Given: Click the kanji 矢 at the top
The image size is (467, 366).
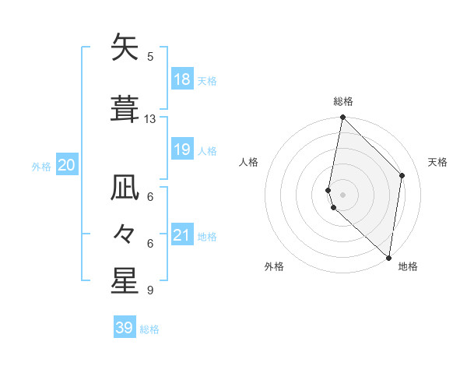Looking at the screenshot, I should (125, 48).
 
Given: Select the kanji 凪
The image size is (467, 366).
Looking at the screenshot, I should (125, 189).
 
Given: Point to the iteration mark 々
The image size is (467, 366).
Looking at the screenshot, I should (125, 234).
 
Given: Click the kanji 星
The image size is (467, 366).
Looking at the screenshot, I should (125, 281).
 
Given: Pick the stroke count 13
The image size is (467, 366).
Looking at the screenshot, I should (150, 119).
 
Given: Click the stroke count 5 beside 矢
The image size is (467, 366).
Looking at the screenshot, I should (150, 56).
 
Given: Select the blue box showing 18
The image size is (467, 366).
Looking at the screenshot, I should (182, 79).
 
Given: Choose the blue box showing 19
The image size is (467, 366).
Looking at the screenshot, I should (182, 150).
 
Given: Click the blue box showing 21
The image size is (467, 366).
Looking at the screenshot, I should (182, 235).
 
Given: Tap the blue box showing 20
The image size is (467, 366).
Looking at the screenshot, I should (67, 165).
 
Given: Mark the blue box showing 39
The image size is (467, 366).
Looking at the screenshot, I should (124, 328).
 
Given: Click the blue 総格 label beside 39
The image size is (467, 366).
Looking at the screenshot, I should (149, 329).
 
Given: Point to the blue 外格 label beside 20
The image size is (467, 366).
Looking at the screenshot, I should (41, 167).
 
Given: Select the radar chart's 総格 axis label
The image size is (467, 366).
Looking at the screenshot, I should (343, 101).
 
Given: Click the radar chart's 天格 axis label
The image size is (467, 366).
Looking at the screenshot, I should (437, 162).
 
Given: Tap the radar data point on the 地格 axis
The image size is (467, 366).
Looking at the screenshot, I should (389, 257).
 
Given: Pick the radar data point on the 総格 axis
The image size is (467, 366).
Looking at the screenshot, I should (342, 118).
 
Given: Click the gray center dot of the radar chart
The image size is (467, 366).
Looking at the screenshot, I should (343, 195).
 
